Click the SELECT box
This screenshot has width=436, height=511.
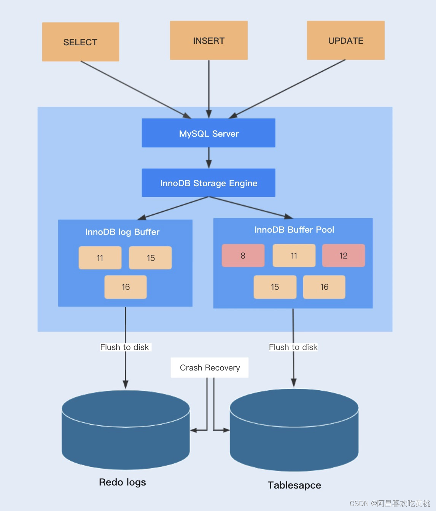pyautogui.click(x=80, y=42)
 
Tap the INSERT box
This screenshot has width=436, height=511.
pyautogui.click(x=208, y=40)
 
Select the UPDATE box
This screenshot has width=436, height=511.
pyautogui.click(x=345, y=40)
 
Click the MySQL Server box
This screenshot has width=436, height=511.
pyautogui.click(x=208, y=133)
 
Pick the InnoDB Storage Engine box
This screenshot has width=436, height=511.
pyautogui.click(x=208, y=183)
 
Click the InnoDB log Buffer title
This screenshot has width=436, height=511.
pyautogui.click(x=122, y=232)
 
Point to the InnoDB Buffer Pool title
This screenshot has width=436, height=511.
pyautogui.click(x=294, y=230)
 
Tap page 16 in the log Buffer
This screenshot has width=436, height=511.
pyautogui.click(x=126, y=287)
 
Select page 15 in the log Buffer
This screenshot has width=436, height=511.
pyautogui.click(x=150, y=258)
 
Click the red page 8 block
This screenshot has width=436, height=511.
pyautogui.click(x=243, y=255)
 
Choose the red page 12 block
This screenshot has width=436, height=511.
pyautogui.click(x=343, y=255)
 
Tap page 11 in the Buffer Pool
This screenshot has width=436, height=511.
pyautogui.click(x=294, y=255)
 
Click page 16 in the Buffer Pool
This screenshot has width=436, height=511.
pyautogui.click(x=324, y=287)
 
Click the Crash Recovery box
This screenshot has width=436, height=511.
pyautogui.click(x=210, y=367)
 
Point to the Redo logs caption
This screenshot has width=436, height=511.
pyautogui.click(x=122, y=482)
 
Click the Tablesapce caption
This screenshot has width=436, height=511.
pyautogui.click(x=294, y=485)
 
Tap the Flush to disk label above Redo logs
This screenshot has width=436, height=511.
pyautogui.click(x=124, y=347)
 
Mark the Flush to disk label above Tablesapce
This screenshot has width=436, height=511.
pyautogui.click(x=293, y=347)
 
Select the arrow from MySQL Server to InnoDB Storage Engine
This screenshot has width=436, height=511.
pyautogui.click(x=208, y=158)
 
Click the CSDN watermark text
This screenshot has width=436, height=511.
pyautogui.click(x=389, y=503)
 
